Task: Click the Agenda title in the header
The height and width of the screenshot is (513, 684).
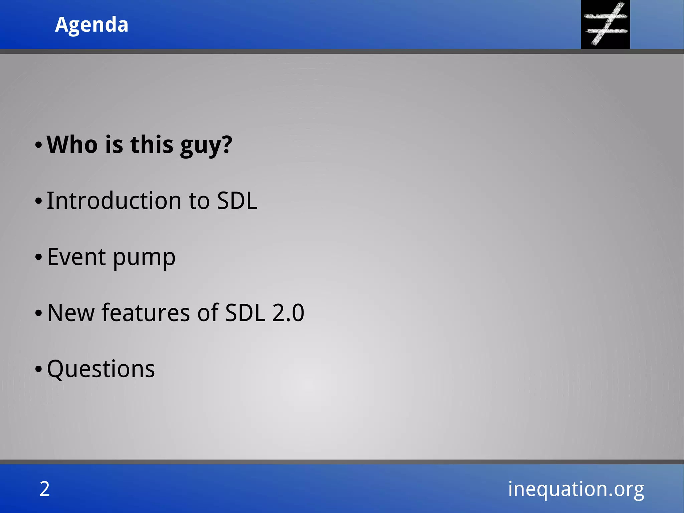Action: click(92, 25)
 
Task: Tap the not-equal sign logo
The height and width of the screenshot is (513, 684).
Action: click(606, 24)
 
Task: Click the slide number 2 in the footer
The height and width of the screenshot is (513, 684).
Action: click(45, 489)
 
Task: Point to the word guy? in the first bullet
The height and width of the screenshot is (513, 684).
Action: click(206, 146)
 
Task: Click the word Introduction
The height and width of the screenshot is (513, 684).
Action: click(115, 201)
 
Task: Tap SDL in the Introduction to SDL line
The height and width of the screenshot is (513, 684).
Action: click(237, 201)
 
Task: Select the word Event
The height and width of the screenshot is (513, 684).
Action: click(76, 257)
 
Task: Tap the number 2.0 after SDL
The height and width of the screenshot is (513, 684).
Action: click(288, 313)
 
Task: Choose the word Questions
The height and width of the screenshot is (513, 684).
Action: click(101, 369)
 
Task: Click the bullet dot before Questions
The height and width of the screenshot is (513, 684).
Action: click(39, 369)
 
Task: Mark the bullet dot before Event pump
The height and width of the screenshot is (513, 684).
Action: click(39, 257)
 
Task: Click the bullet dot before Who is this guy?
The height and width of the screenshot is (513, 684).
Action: click(39, 145)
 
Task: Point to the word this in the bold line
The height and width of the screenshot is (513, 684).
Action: click(152, 145)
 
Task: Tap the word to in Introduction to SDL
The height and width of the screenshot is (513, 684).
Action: click(199, 201)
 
